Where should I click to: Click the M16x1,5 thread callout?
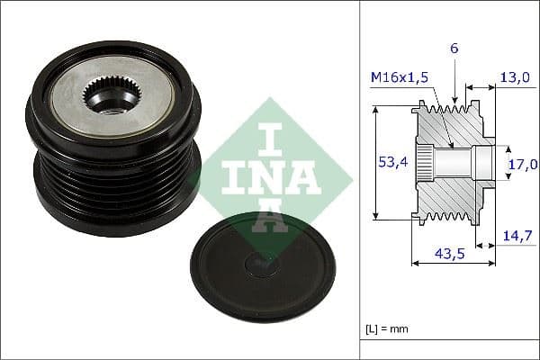click(399, 78)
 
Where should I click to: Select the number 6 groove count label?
click(454, 48)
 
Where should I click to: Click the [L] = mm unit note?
click(388, 328)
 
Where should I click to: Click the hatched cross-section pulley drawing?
click(454, 162)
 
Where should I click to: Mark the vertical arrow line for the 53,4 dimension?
click(375, 162)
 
